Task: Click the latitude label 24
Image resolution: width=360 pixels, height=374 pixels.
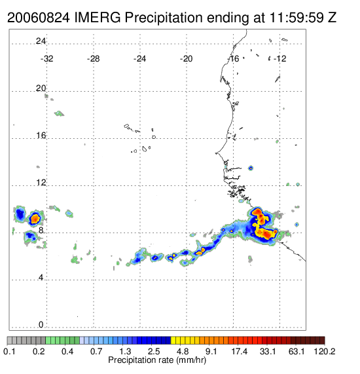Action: click(x=41, y=41)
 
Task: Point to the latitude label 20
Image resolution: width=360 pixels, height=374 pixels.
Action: click(x=41, y=88)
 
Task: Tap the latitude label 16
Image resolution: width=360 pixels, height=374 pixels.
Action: click(x=41, y=136)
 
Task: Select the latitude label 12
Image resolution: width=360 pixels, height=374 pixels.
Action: click(x=41, y=183)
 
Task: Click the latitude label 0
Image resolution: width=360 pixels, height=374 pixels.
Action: click(x=41, y=325)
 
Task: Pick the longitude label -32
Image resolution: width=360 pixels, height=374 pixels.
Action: click(x=46, y=59)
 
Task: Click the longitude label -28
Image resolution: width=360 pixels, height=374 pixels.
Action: click(x=93, y=59)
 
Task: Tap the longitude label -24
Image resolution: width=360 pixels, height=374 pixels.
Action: click(x=139, y=59)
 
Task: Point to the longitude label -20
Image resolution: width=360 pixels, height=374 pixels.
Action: click(x=186, y=59)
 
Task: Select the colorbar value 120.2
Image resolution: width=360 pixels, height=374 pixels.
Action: click(x=325, y=351)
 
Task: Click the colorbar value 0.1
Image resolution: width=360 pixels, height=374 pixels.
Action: click(x=9, y=351)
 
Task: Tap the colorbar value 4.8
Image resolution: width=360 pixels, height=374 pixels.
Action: click(x=183, y=351)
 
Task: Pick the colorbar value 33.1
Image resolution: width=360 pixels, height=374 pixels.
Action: click(x=268, y=351)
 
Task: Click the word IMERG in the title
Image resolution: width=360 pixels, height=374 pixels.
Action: click(x=98, y=18)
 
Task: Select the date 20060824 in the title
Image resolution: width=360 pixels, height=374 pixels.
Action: click(x=39, y=18)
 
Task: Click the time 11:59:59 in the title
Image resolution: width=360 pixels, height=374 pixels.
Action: click(x=297, y=18)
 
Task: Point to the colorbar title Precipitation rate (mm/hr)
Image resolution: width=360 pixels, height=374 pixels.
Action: click(x=157, y=360)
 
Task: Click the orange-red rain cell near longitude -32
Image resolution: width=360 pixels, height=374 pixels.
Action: click(x=35, y=218)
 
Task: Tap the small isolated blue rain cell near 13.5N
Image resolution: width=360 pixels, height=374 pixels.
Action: click(x=251, y=168)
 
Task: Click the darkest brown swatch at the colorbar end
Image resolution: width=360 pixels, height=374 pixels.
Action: click(x=322, y=341)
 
